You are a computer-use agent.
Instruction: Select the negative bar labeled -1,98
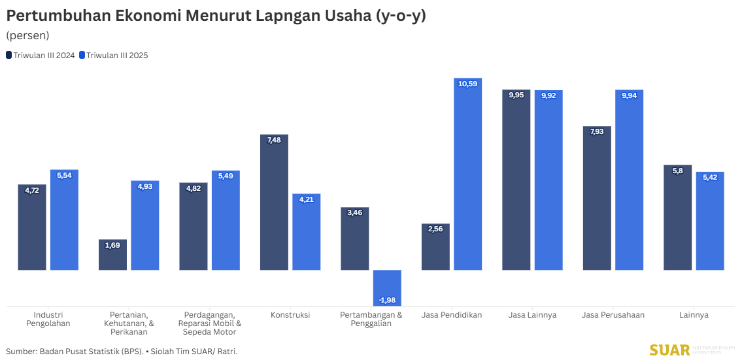pos(387,284)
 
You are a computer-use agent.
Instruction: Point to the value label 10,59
pos(467,84)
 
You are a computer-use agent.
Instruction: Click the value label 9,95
pos(516,95)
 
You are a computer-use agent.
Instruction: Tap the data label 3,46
pos(354,213)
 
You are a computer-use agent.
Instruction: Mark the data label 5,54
pos(64,175)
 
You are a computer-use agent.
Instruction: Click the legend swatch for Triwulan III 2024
pos(9,56)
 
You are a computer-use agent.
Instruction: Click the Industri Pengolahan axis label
pos(48,319)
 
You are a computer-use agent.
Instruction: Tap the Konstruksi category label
pos(290,315)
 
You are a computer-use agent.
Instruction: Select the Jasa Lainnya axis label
pos(533,315)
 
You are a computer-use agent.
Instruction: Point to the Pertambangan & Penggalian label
pos(371,319)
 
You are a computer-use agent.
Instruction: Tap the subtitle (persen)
pos(27,35)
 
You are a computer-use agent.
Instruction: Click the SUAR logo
pos(669,350)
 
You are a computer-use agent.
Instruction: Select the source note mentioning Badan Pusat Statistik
pos(122,352)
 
